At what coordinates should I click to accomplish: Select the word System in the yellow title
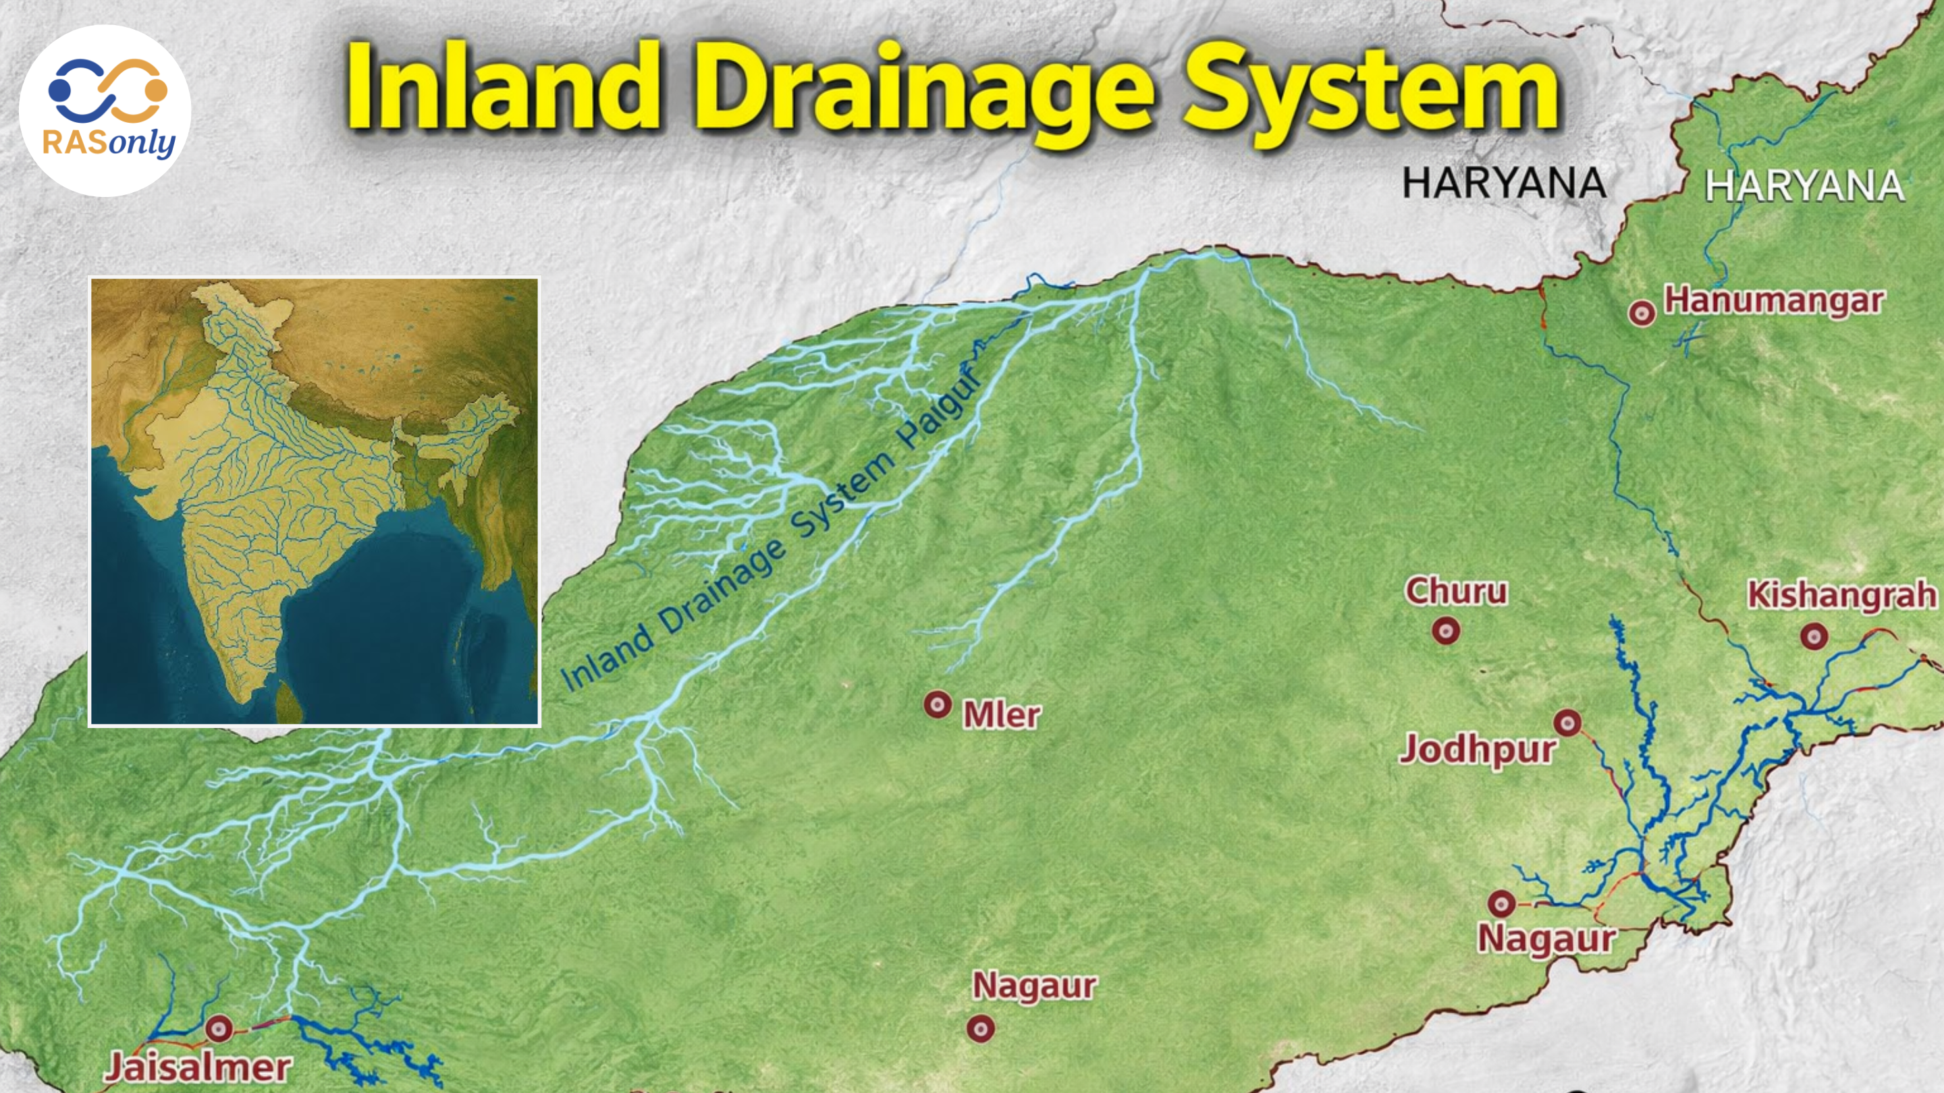click(x=1370, y=90)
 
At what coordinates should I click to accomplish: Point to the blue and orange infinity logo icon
click(x=107, y=90)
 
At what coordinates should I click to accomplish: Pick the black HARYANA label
click(x=1503, y=184)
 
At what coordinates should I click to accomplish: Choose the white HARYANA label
click(x=1804, y=186)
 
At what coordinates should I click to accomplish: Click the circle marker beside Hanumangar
click(x=1642, y=312)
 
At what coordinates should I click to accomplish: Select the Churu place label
click(x=1456, y=592)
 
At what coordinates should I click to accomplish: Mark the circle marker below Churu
click(x=1446, y=631)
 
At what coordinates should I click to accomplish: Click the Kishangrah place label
click(x=1841, y=596)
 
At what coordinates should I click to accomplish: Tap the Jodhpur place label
click(x=1477, y=750)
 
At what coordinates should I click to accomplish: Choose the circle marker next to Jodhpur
click(x=1567, y=723)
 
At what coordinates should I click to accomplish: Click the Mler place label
click(x=1002, y=715)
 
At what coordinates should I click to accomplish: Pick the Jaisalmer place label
click(x=198, y=1068)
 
